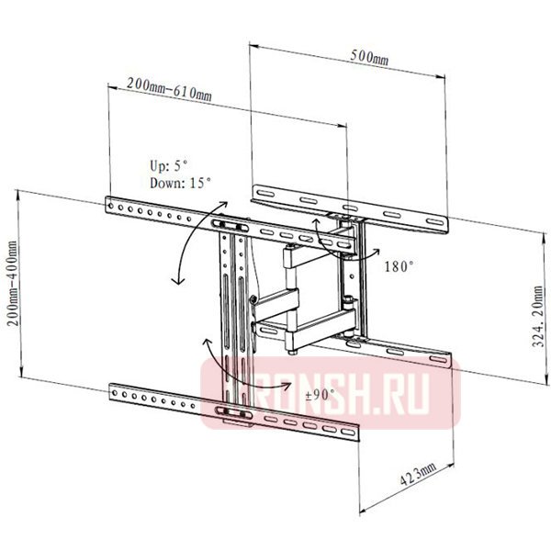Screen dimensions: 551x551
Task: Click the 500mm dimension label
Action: point(368,58)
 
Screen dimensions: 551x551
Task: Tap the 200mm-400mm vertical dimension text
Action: point(12,287)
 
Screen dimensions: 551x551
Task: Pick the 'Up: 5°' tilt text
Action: point(170,166)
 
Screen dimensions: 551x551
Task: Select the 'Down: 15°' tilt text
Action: point(181,183)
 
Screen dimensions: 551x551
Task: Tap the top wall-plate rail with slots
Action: point(349,206)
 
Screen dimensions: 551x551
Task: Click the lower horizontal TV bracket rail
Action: point(230,411)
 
